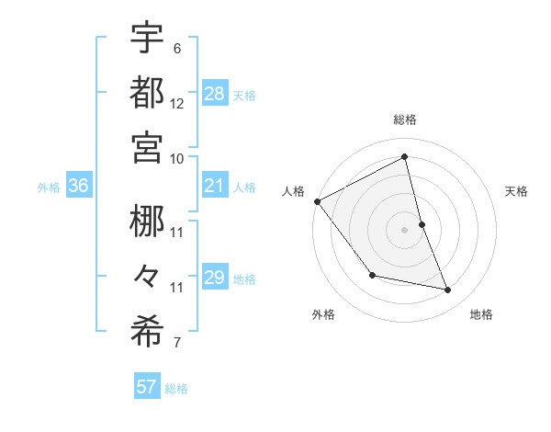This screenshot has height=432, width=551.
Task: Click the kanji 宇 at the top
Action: (x=147, y=38)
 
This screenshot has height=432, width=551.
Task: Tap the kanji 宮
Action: (x=147, y=147)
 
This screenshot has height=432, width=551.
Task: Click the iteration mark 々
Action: (x=147, y=276)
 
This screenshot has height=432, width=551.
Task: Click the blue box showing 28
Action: (x=214, y=93)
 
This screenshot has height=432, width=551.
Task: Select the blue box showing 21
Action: (x=214, y=187)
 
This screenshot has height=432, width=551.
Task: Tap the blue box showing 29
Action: (x=214, y=278)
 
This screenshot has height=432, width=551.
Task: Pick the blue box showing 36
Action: (x=79, y=187)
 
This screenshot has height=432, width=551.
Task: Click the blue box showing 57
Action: (x=147, y=387)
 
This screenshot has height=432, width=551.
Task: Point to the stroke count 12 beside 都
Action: (x=177, y=103)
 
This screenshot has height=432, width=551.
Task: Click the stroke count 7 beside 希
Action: (x=177, y=344)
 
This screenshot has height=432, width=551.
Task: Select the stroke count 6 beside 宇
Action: (x=177, y=49)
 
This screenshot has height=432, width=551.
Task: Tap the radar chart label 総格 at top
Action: (x=405, y=119)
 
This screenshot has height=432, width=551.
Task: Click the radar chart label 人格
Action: (x=293, y=191)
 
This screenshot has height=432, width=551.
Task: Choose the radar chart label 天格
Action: (x=517, y=191)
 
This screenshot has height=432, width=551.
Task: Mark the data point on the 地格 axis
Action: (x=448, y=290)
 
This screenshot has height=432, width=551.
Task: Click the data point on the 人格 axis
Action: (x=317, y=201)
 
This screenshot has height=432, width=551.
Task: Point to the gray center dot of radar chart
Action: (x=405, y=229)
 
